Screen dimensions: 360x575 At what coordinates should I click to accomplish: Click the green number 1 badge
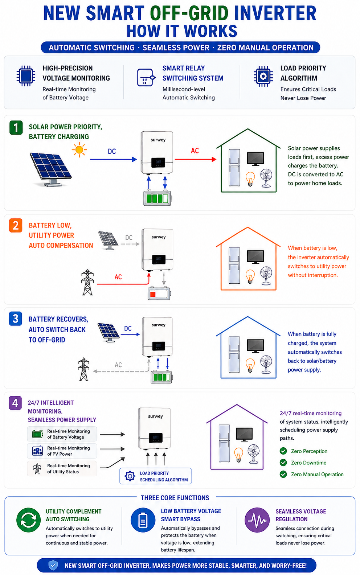[x=16, y=128]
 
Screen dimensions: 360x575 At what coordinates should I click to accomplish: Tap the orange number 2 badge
[x=16, y=225]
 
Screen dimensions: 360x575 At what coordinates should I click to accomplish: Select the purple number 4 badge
[x=15, y=403]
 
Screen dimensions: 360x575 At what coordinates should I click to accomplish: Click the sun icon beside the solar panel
[x=79, y=149]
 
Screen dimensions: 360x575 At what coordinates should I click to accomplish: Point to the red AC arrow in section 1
[x=195, y=159]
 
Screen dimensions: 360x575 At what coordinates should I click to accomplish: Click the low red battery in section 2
[x=159, y=293]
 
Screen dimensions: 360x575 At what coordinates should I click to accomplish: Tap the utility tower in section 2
[x=87, y=282]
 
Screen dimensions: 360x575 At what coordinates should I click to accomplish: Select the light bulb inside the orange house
[x=250, y=277]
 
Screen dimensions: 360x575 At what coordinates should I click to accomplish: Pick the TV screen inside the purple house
[x=244, y=434]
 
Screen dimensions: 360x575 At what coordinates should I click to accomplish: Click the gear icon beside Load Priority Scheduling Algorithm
[x=130, y=476]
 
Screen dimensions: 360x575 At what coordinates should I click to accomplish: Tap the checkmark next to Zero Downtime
[x=283, y=463]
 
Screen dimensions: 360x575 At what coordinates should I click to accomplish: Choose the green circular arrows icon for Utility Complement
[x=29, y=520]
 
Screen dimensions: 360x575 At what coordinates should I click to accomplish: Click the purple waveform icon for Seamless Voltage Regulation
[x=257, y=520]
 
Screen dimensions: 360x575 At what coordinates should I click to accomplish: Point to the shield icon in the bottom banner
[x=53, y=565]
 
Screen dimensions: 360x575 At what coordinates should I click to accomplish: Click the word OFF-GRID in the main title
[x=189, y=13]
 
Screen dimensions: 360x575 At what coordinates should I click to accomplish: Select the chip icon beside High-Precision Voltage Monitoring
[x=26, y=76]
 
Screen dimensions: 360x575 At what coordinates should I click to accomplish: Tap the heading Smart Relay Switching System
[x=193, y=73]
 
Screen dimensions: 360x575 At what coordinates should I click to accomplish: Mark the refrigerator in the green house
[x=234, y=167]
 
